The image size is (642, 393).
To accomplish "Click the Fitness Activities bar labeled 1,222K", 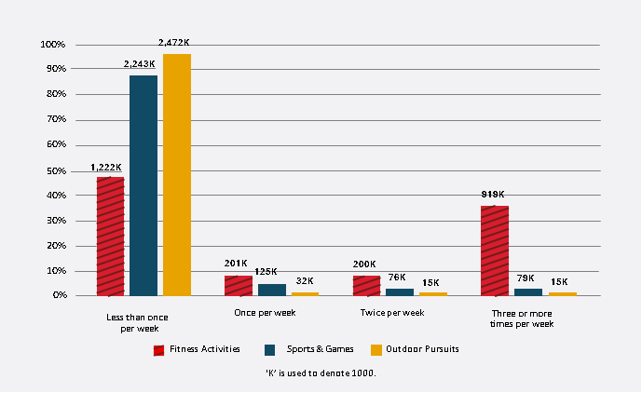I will (110, 236).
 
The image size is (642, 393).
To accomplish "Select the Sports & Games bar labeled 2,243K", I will (143, 185).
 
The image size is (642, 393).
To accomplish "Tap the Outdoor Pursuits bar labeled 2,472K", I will (177, 174).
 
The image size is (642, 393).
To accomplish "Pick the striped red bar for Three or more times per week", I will (495, 251).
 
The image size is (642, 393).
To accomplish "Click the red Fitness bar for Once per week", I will (239, 285).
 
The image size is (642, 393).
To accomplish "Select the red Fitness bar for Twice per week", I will (366, 285).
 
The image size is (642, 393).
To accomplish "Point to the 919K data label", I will (493, 195).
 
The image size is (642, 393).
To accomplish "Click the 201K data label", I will (236, 264).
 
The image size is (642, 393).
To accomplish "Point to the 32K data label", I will (305, 280).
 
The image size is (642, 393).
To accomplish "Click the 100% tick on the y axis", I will (52, 45).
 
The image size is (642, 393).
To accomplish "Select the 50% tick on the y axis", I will (54, 171).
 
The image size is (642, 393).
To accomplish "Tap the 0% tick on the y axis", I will (57, 295).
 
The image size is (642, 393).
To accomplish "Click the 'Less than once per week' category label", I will (139, 322).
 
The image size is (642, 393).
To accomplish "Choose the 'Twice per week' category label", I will (392, 312).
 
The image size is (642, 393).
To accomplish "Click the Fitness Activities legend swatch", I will (158, 350).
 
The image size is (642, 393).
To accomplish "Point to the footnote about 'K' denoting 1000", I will (320, 373).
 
